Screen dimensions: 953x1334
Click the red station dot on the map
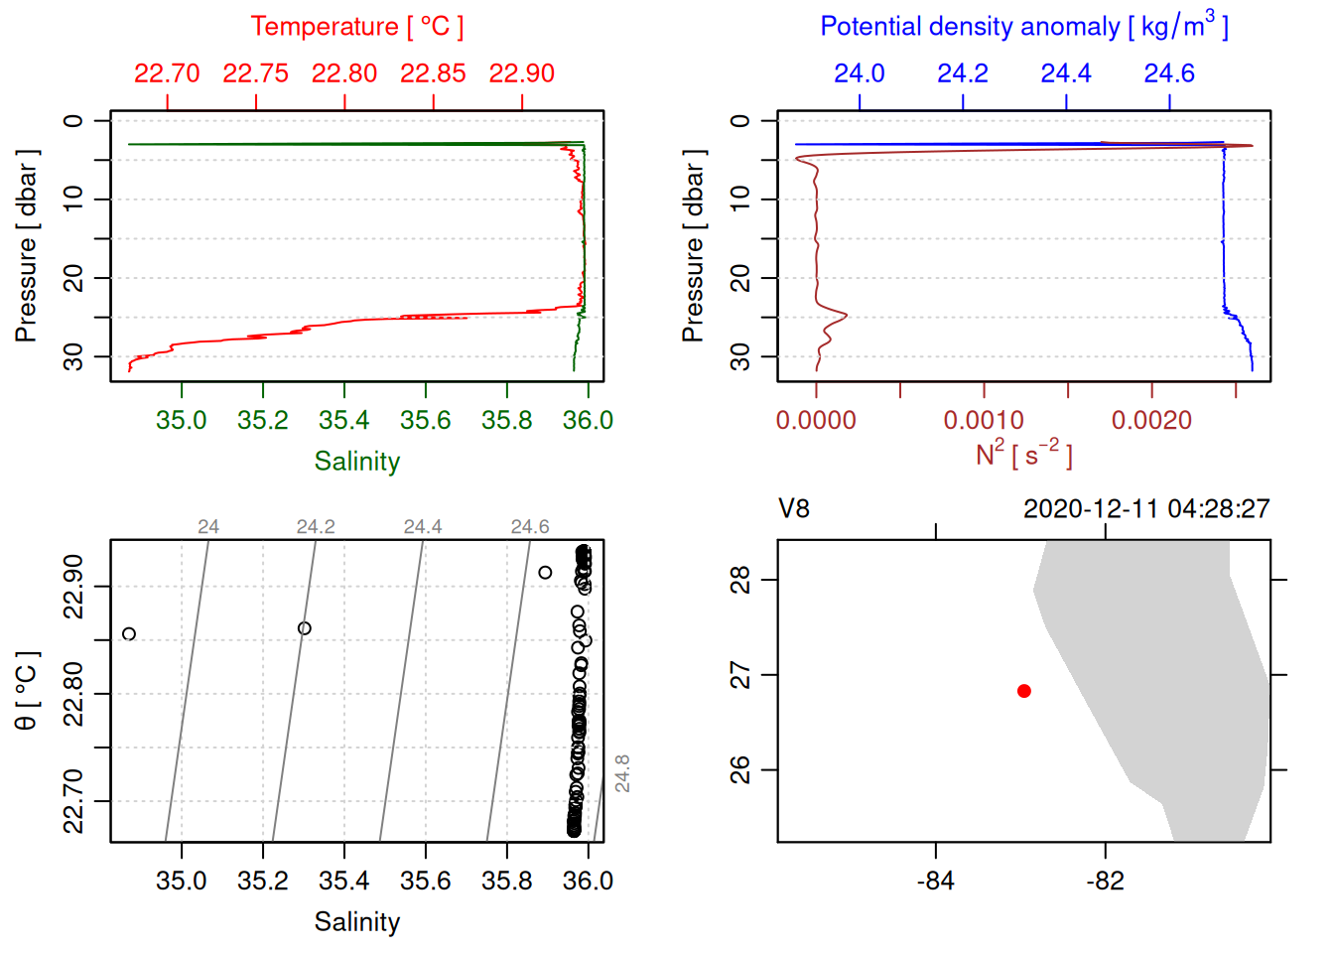point(1024,691)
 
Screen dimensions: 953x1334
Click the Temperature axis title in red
point(357,27)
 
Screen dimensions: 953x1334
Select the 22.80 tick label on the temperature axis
point(344,73)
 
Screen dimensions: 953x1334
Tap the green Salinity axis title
point(357,462)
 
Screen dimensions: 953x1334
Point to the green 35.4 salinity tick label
point(344,420)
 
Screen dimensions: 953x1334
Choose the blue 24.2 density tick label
point(963,73)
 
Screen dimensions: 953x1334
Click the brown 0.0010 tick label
point(984,420)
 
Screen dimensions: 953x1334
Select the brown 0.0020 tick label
point(1151,420)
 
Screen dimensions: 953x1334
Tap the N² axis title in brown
point(1024,454)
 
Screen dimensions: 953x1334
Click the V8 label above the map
point(794,509)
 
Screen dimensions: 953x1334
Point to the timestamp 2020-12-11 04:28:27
point(1146,509)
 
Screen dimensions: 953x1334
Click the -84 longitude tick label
point(936,881)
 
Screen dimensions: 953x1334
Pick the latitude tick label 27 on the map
point(740,676)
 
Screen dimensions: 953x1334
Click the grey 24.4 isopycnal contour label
point(423,527)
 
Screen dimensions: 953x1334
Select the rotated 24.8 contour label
point(622,773)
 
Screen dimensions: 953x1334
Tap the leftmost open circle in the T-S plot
point(129,634)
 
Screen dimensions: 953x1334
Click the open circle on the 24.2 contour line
point(305,628)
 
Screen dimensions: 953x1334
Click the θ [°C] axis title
point(27,691)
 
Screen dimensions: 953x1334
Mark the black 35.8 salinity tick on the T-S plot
point(507,881)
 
